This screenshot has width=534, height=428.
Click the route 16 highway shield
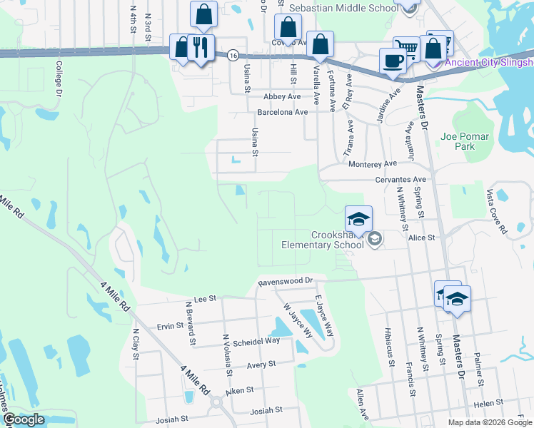[x=233, y=55]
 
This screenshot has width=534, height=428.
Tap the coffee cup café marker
[x=392, y=61]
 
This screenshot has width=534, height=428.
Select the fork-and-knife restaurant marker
[x=200, y=48]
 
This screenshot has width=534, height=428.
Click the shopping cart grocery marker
[x=406, y=49]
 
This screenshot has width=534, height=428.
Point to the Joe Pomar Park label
[x=465, y=141]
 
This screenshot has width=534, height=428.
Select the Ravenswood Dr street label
[x=286, y=282]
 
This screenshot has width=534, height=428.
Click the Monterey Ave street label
[x=372, y=163]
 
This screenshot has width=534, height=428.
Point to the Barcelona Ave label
[x=283, y=112]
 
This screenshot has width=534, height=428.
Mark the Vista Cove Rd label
[x=494, y=212]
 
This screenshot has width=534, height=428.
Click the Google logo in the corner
[x=23, y=419]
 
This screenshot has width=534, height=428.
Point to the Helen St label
[x=488, y=403]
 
